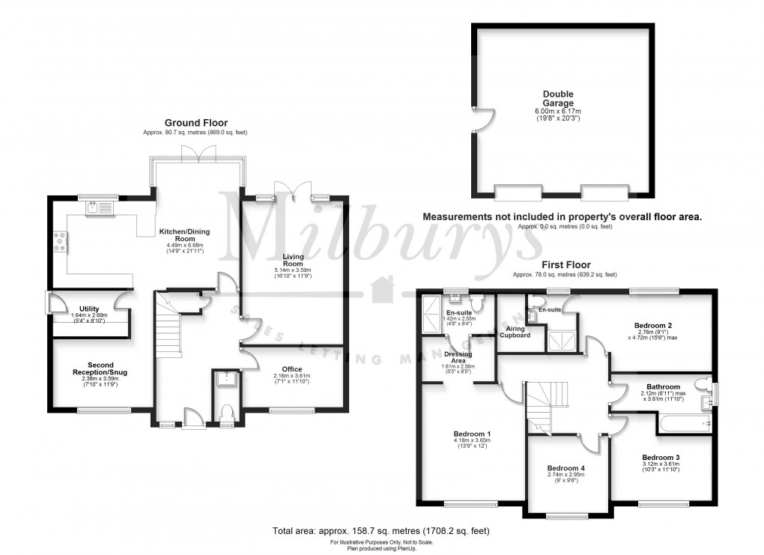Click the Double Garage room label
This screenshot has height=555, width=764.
tap(558, 99)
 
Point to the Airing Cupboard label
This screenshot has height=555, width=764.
tap(515, 331)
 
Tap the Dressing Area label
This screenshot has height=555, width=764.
tap(457, 357)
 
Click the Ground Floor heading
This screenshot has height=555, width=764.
tap(195, 123)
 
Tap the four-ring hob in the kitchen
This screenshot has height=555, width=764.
tap(58, 240)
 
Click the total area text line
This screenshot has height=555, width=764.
tap(381, 531)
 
